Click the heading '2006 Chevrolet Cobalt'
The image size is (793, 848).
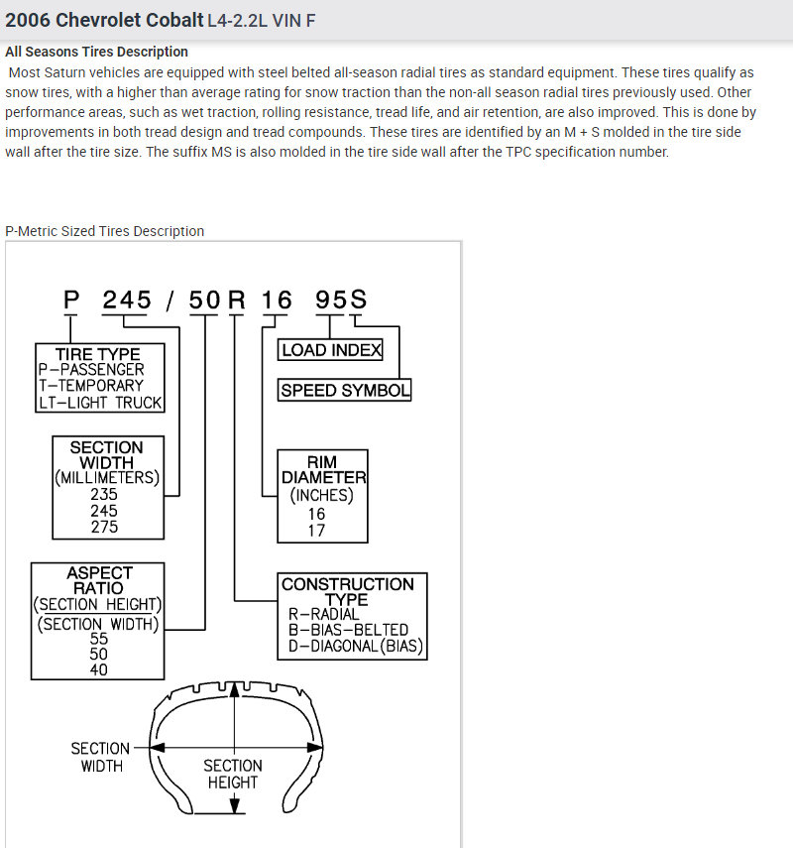point(104,20)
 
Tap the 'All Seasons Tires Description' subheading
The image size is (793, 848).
point(96,52)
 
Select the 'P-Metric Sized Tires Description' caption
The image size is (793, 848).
point(105,231)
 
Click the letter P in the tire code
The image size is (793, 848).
point(70,299)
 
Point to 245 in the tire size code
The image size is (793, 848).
point(127,299)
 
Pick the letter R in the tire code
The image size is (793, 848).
point(236,299)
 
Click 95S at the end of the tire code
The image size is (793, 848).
point(341,299)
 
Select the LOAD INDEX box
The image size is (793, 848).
point(330,350)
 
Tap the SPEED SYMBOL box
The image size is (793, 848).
point(345,391)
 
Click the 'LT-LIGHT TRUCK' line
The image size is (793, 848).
point(100,403)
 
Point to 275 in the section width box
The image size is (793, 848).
point(104,527)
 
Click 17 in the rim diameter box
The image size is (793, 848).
point(316,531)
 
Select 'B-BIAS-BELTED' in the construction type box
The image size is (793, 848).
point(348,630)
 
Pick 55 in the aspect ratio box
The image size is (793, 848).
point(99,639)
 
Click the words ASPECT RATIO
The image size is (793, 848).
point(99,580)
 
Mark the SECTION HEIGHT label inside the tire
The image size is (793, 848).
point(233,774)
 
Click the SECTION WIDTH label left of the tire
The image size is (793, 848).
point(100,757)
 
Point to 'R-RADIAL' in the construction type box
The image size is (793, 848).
point(324,614)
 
